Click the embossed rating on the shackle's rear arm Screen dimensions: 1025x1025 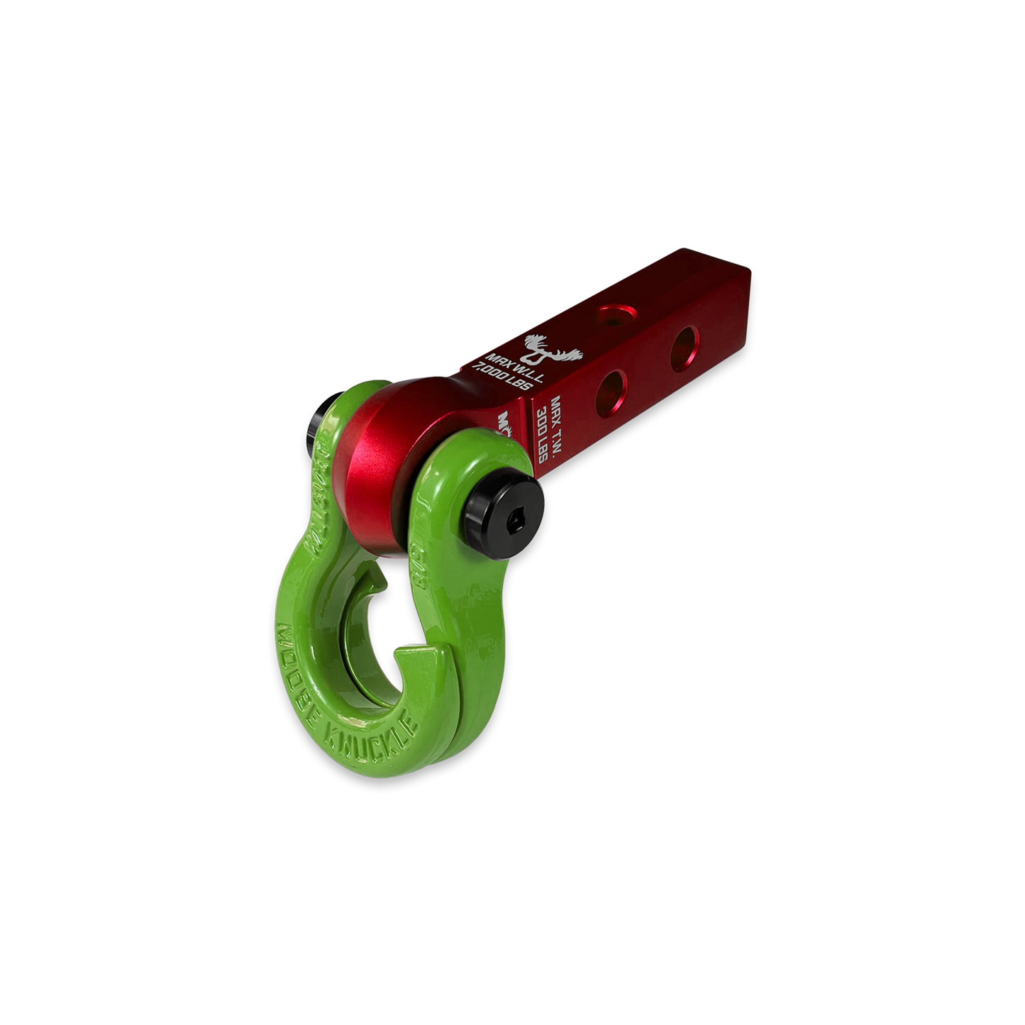319,497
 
